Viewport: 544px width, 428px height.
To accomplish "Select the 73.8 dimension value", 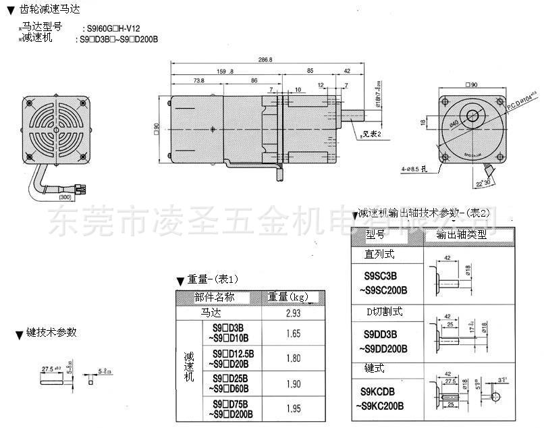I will [x=198, y=80].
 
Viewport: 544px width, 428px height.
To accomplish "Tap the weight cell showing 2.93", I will [x=293, y=313].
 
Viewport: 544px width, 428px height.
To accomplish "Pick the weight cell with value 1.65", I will [x=293, y=333].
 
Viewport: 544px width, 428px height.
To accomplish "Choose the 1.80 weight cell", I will [x=293, y=358].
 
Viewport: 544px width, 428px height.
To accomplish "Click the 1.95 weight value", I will [x=293, y=409].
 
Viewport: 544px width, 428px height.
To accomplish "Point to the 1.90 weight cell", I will [x=293, y=383].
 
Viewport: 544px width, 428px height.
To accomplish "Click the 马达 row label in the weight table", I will [x=211, y=313].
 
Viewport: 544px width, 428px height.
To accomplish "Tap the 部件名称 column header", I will [x=215, y=297].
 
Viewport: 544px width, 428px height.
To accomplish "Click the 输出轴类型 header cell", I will [x=462, y=235].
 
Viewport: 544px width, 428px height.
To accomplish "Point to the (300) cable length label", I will [x=64, y=197].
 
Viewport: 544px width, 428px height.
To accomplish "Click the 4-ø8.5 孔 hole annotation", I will [x=414, y=168].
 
